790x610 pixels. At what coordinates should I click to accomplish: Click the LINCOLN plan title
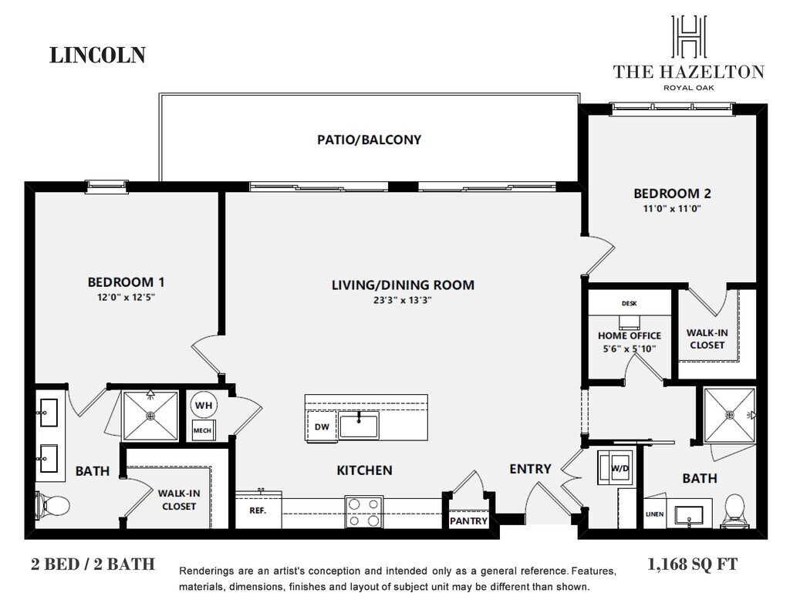click(x=98, y=55)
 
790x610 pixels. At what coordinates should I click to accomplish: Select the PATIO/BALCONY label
click(x=370, y=140)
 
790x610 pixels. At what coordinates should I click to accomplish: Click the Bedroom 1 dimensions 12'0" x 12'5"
click(x=126, y=297)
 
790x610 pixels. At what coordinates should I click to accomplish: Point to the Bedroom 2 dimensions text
click(x=672, y=208)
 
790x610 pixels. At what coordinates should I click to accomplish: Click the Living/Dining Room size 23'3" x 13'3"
click(x=403, y=301)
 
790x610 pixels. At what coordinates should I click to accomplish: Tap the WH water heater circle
click(x=204, y=405)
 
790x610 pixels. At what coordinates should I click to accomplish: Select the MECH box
click(x=203, y=430)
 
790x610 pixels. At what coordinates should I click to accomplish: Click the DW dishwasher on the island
click(x=322, y=426)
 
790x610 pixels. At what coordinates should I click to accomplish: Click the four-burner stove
click(x=364, y=512)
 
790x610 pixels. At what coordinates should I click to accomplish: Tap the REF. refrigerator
click(x=258, y=511)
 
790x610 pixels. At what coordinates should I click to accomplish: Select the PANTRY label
click(x=468, y=521)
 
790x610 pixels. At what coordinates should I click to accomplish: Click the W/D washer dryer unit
click(x=616, y=467)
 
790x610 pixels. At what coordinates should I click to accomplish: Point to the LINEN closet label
click(x=655, y=514)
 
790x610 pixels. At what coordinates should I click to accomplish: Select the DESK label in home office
click(x=630, y=303)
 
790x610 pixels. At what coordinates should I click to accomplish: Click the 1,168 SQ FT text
click(x=692, y=565)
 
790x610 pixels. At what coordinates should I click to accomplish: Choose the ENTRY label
click(x=531, y=469)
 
